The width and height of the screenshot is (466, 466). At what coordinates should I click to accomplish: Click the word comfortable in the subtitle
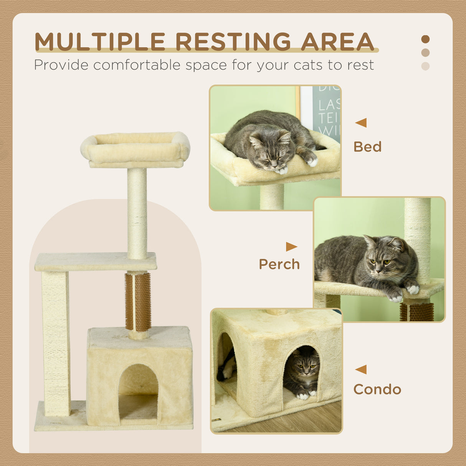pos(137,65)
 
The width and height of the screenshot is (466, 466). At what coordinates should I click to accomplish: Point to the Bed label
pos(367,147)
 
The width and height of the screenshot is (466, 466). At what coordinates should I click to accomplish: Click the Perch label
pos(279,264)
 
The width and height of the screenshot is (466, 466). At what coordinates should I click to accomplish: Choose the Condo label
pos(377,389)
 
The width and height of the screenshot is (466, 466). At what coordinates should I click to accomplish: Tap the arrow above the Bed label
pos(361,123)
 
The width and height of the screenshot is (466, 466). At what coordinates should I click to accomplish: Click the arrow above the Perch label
pos(291,246)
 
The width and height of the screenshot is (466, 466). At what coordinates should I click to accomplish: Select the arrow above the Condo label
pos(361,369)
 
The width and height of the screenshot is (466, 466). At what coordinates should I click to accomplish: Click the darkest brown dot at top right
pos(425,39)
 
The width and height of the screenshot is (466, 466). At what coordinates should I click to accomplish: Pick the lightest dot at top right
pos(425,66)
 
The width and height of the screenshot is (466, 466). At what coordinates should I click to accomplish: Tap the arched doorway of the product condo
pos(138,392)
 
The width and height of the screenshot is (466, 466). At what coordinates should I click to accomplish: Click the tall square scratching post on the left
pos(56,344)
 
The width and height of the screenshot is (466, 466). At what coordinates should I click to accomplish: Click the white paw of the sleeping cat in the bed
pos(283,170)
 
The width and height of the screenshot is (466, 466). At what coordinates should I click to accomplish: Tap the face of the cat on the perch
pos(380,261)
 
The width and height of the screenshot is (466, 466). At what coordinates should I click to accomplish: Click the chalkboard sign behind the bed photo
pos(326,111)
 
